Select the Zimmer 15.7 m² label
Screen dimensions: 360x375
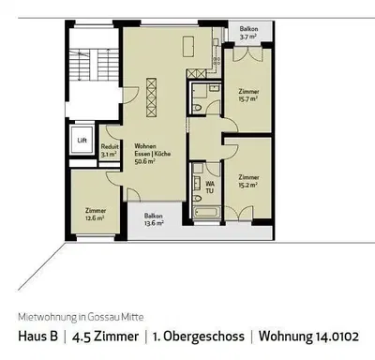point(247,94)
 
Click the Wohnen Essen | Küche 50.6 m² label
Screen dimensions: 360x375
point(145,153)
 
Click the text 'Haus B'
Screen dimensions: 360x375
point(37,335)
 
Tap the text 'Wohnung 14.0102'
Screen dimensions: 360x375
point(308,335)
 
